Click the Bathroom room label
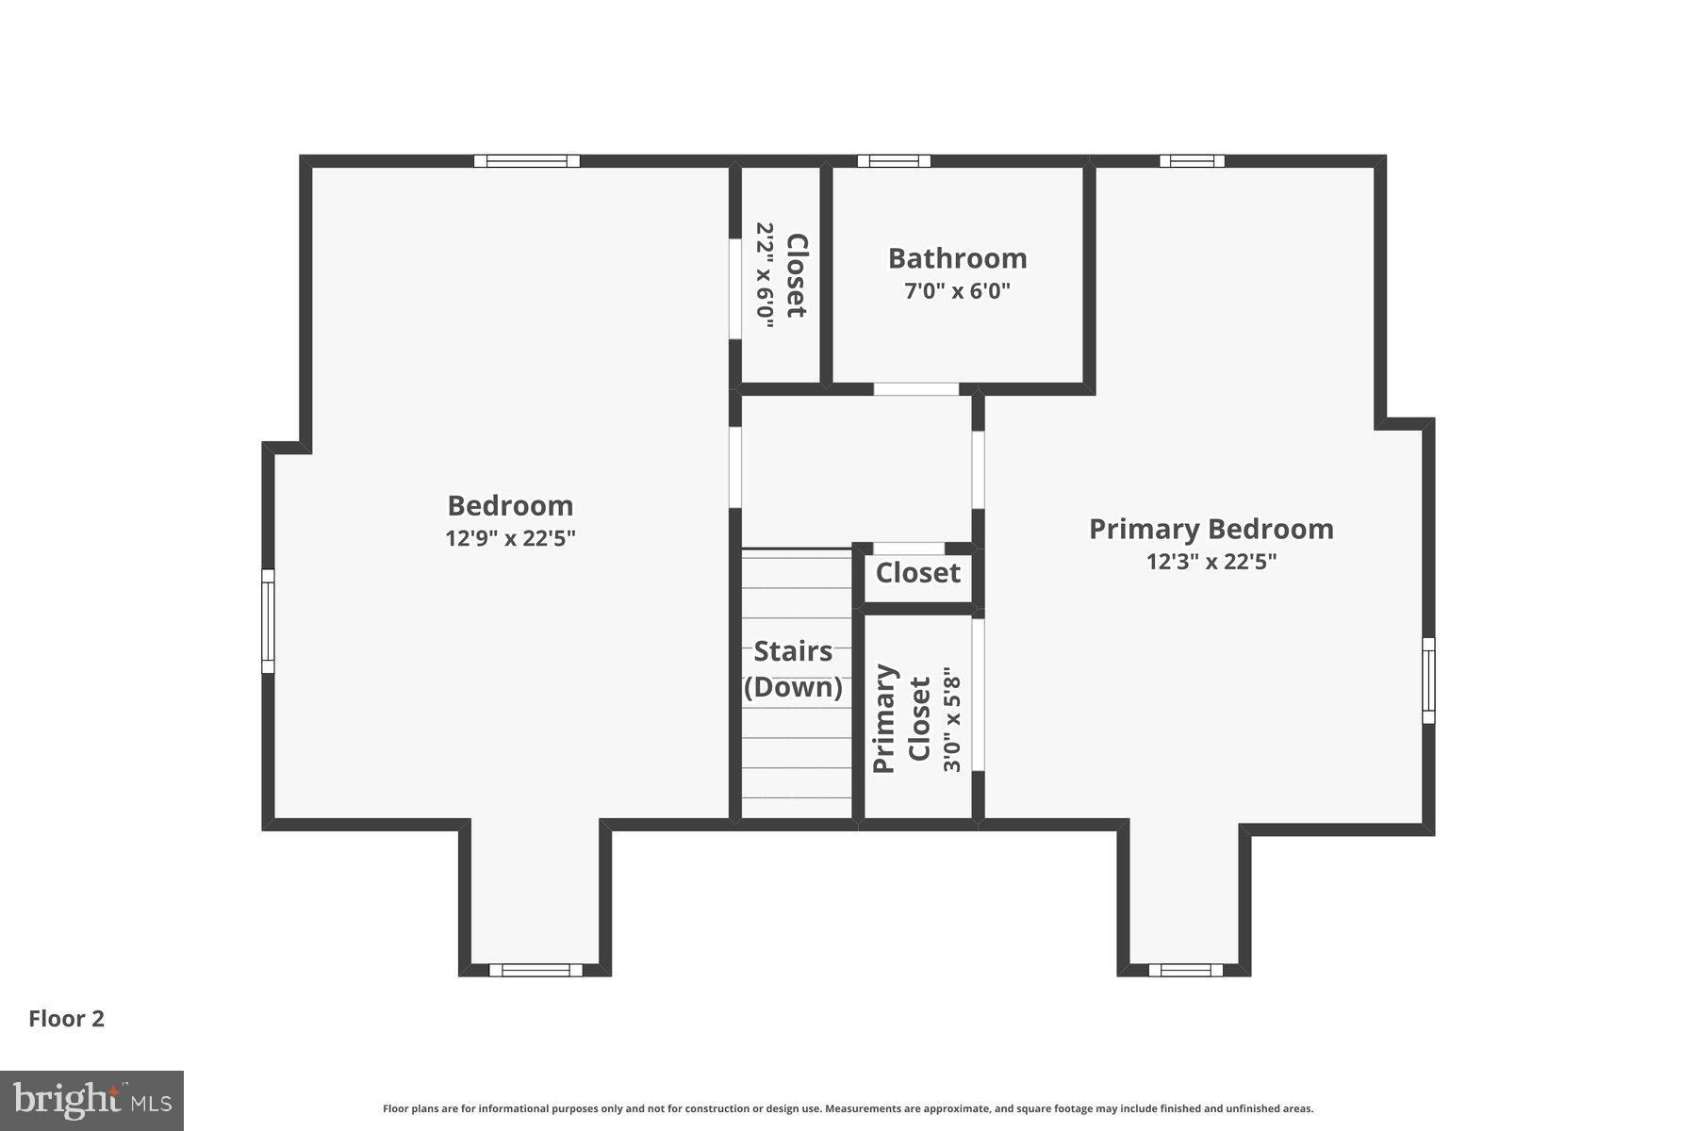coord(957,258)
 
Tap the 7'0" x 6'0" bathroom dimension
coord(957,291)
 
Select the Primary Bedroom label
coord(1211,529)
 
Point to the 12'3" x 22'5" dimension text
coord(1211,562)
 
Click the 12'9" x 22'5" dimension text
coord(510,538)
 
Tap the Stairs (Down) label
coord(793,669)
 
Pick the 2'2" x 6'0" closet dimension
coord(765,275)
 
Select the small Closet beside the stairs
coord(917,573)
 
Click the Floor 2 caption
coord(66,1019)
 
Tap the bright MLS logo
coord(91,1100)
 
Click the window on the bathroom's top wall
coord(894,161)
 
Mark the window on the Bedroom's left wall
coord(268,621)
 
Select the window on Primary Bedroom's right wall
coord(1428,680)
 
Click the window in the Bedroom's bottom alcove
coord(535,970)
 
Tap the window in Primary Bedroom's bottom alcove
coord(1185,970)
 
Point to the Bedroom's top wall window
coord(526,161)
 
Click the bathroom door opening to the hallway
coord(915,389)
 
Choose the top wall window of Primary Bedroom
coord(1192,161)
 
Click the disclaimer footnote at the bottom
coord(848,1109)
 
